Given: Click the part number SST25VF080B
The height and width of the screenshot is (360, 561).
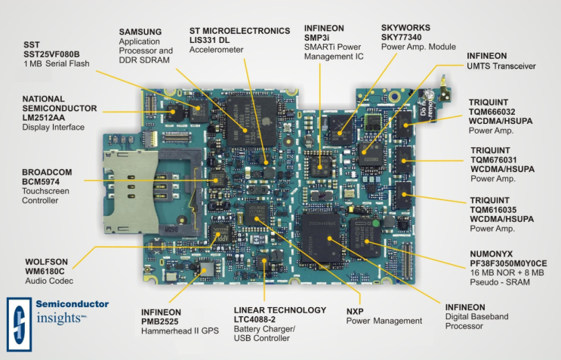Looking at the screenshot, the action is click(51, 54).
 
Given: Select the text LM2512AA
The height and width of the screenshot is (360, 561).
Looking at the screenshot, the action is click(44, 118).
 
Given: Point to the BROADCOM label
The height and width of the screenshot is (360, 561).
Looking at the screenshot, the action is click(47, 172).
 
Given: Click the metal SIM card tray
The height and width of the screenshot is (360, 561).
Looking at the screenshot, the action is click(131, 192).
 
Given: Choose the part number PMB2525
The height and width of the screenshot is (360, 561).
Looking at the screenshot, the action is click(159, 322).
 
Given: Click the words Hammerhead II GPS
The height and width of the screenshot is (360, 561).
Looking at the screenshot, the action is click(180, 331).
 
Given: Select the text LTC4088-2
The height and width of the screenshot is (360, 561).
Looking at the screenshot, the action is click(254, 319).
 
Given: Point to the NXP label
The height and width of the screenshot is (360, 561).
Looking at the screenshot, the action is click(355, 312).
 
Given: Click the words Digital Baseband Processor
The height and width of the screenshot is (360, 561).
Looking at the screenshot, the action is click(477, 322).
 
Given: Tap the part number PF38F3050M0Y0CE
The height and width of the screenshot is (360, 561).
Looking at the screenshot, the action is click(508, 263).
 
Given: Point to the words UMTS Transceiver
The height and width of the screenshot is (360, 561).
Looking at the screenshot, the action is click(501, 66).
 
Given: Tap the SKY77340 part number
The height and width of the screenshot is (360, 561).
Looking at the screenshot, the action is click(402, 37).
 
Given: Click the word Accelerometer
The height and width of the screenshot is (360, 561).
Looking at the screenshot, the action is click(217, 50).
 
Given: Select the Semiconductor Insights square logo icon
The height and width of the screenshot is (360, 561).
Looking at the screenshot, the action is click(20, 325).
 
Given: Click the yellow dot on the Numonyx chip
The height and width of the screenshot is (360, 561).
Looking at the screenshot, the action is click(367, 242).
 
